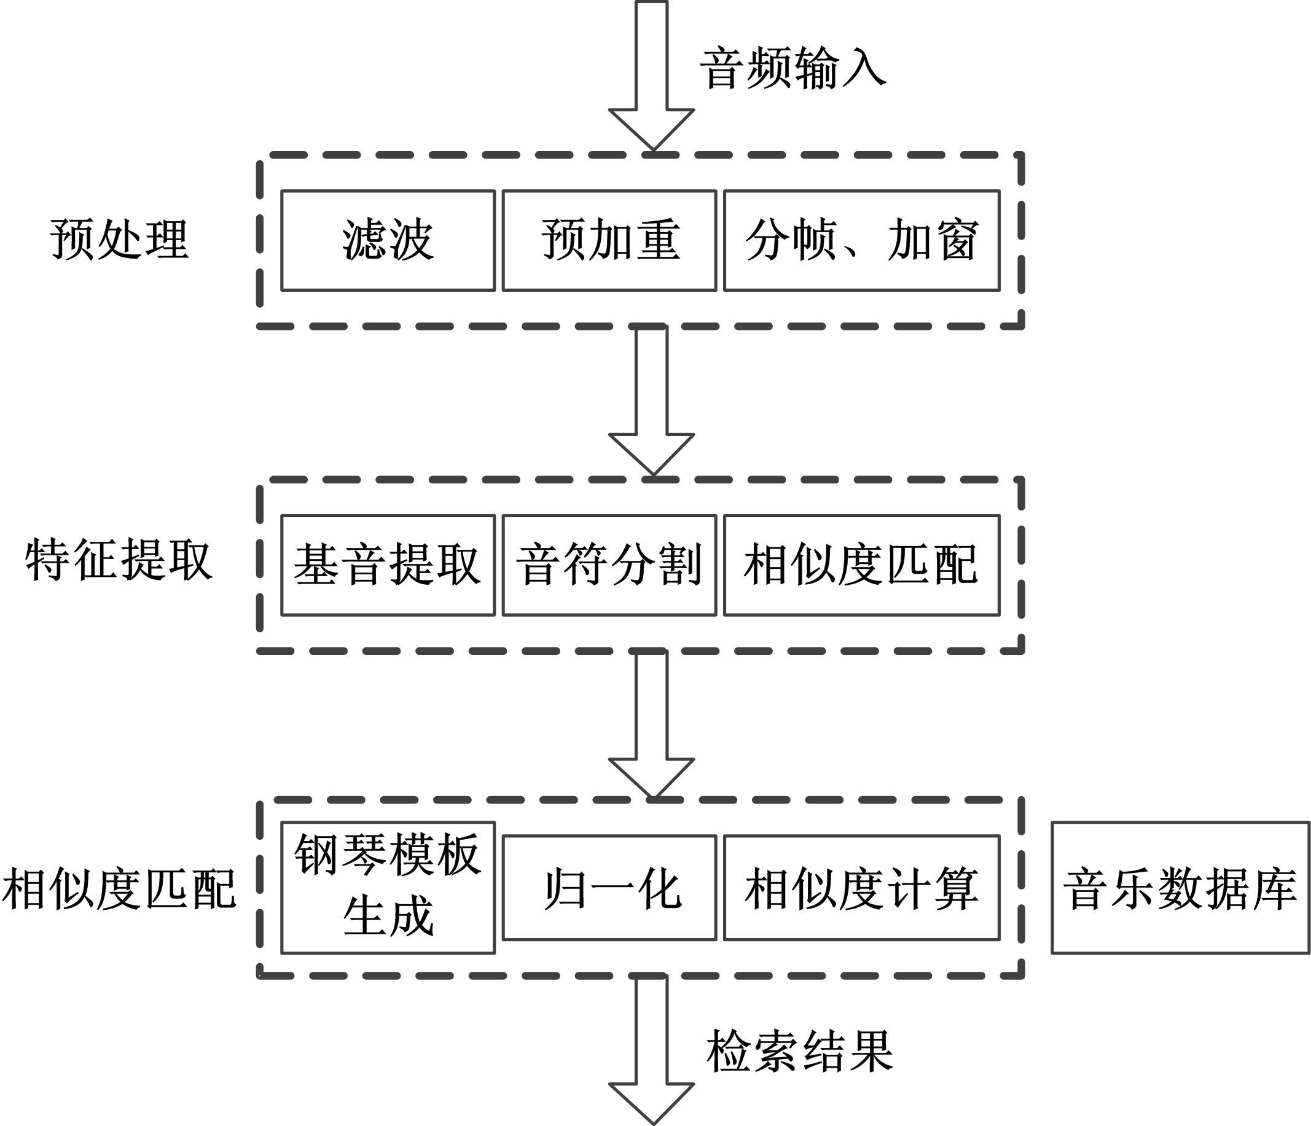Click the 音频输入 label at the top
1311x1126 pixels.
coord(792,68)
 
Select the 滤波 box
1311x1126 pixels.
coord(388,240)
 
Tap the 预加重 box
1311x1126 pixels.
coord(609,240)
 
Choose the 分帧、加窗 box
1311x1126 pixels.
coord(862,240)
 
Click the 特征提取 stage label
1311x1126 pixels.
coord(119,560)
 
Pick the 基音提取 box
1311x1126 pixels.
coord(388,565)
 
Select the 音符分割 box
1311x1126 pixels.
coord(609,565)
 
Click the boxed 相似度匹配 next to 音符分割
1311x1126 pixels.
coord(862,565)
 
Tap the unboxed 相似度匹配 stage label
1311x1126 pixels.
coord(119,889)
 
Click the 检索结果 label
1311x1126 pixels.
coord(800,1051)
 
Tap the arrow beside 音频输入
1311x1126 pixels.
coord(652,76)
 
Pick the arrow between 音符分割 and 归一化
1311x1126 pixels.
coord(652,724)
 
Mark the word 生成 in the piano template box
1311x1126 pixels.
coord(388,916)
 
